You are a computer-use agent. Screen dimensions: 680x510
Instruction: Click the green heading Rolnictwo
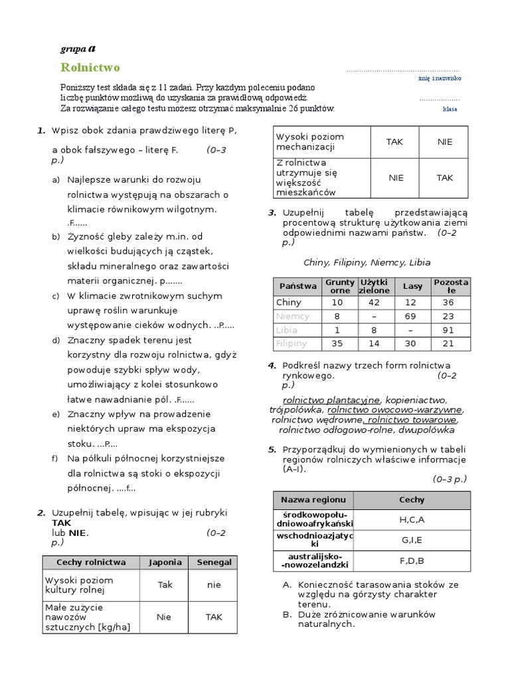pos(90,68)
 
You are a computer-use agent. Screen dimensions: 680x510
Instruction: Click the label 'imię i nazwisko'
pos(440,78)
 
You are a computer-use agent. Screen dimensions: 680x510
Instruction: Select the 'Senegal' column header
pos(214,562)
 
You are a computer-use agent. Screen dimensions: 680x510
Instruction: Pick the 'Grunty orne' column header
pos(340,286)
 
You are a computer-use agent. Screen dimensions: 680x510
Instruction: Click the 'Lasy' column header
pos(412,286)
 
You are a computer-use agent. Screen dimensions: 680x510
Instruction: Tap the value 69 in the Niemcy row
pos(412,316)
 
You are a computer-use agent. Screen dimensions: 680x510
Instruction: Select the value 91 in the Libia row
pos(448,330)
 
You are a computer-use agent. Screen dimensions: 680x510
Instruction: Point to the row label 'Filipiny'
pos(292,343)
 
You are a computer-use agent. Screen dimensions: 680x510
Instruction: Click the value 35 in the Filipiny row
pos(337,343)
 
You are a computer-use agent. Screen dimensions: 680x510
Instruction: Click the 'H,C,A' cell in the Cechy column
pos(412,520)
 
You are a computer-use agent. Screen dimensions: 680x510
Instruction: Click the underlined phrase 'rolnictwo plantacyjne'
pos(331,400)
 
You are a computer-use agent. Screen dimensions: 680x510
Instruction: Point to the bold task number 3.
pos(272,212)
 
